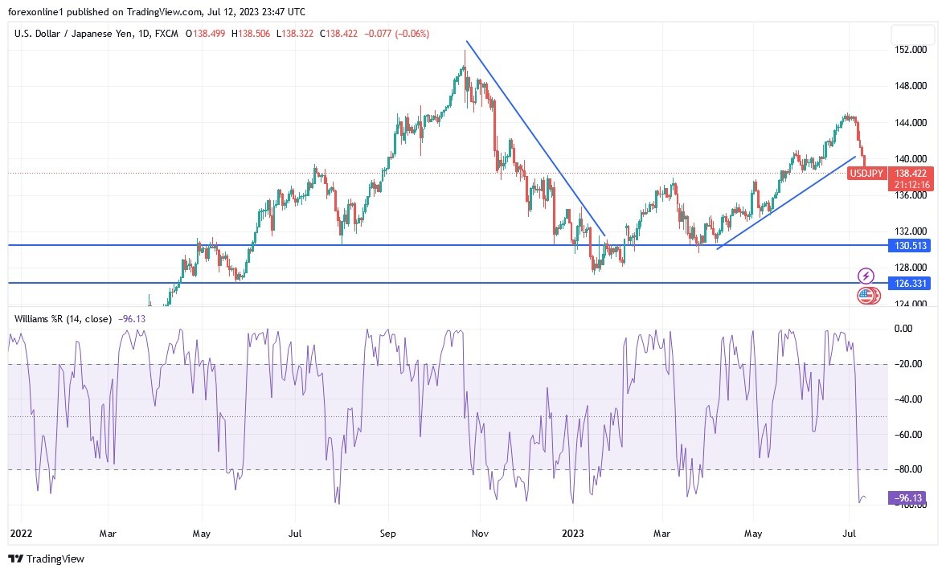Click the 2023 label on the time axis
click(572, 533)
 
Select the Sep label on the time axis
click(388, 533)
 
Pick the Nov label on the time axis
click(481, 533)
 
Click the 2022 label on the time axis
click(21, 533)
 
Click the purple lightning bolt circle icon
click(866, 276)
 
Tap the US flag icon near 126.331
click(865, 296)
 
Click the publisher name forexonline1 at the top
click(37, 12)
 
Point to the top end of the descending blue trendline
click(467, 41)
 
